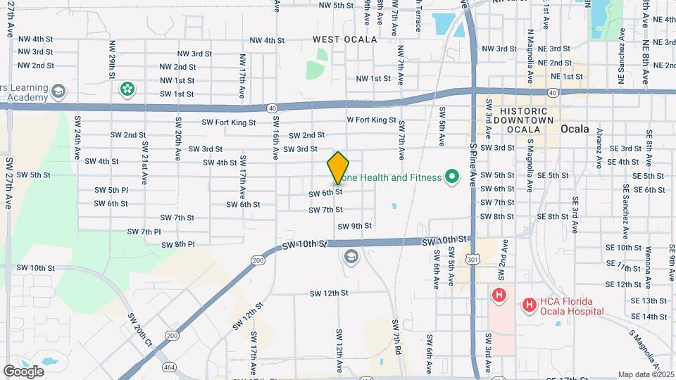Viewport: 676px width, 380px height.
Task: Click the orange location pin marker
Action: point(338,167)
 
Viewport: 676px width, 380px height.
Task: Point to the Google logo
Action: point(23,371)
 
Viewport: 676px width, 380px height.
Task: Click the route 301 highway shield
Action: point(472,260)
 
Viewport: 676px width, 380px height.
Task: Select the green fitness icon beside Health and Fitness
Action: point(452,177)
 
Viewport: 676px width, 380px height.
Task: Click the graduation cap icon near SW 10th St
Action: point(351,257)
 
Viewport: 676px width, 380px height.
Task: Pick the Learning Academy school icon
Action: point(58,91)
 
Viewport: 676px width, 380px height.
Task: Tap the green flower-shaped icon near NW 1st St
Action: point(127,89)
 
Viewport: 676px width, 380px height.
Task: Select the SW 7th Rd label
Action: point(396,336)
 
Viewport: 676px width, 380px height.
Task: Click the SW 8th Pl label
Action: point(177,245)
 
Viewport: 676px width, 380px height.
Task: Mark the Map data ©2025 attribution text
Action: point(645,374)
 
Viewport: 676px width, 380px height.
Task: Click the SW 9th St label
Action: point(354,226)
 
